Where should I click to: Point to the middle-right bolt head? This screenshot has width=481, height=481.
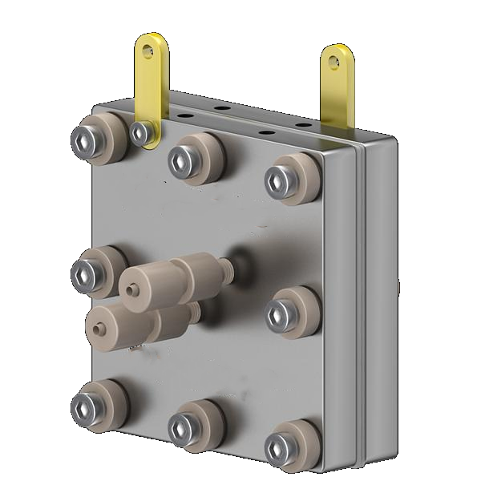coord(277,313)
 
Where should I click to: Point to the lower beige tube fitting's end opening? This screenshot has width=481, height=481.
coord(96,327)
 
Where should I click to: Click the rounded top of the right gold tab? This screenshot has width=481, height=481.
coord(338,52)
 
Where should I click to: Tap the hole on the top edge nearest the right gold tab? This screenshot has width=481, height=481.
coord(303,125)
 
